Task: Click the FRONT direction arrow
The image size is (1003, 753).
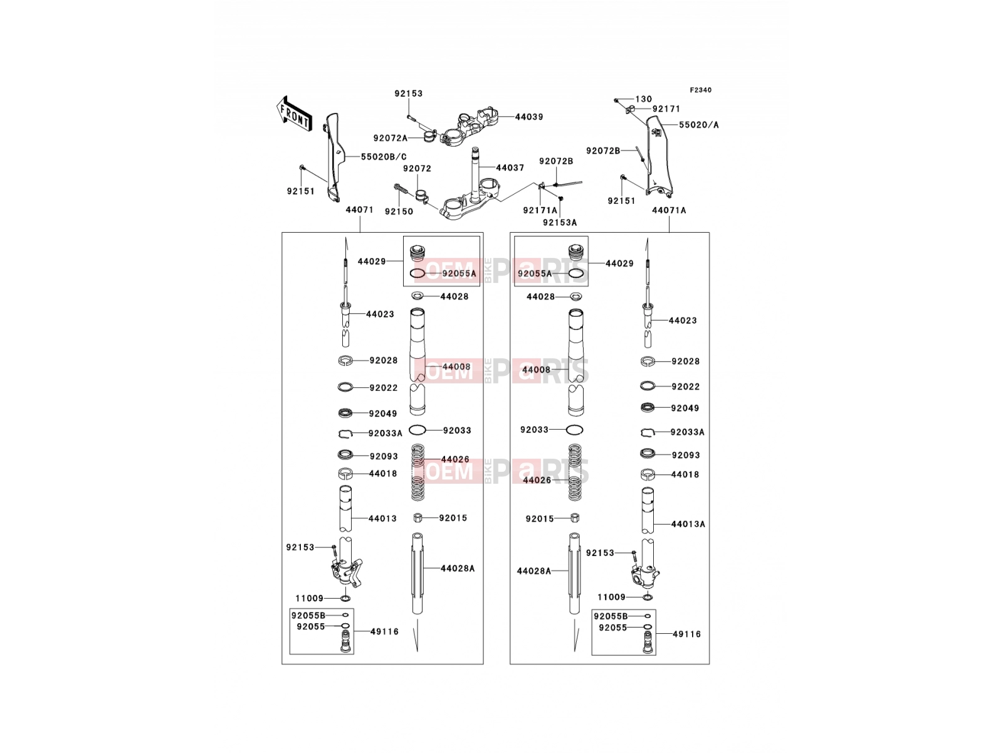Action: (294, 114)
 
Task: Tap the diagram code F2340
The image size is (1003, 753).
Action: (700, 90)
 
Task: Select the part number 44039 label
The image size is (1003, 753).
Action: (528, 117)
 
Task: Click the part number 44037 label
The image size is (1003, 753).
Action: (510, 168)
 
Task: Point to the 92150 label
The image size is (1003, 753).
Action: (399, 211)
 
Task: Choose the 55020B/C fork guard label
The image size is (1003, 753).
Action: (384, 157)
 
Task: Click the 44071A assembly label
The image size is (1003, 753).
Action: (669, 210)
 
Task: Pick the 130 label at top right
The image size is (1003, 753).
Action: (643, 99)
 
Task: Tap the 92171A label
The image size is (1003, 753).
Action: (540, 210)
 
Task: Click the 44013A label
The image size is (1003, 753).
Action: (688, 525)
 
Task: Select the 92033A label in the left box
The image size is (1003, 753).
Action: (385, 434)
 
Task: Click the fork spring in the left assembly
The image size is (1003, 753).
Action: (417, 473)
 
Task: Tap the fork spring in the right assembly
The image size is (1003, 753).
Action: (575, 473)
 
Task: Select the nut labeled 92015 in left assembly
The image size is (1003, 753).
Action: (417, 518)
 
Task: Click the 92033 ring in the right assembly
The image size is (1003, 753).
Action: (574, 430)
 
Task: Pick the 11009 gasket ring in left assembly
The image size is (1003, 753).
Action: (345, 599)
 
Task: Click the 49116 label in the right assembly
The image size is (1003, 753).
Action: (686, 634)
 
